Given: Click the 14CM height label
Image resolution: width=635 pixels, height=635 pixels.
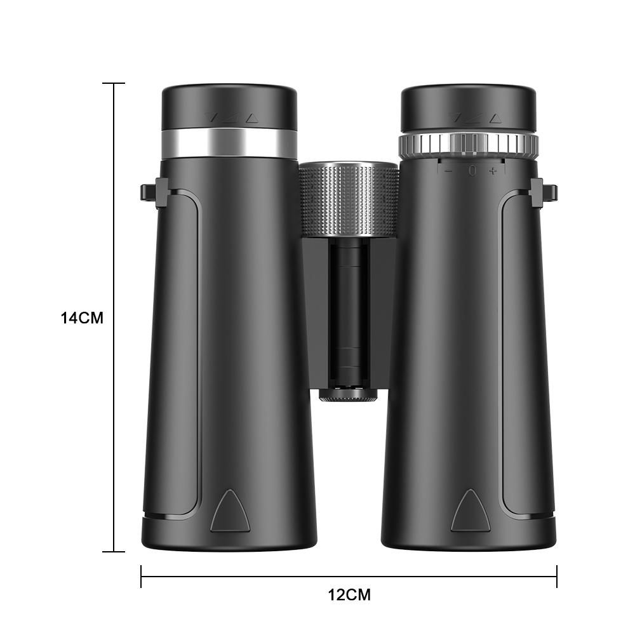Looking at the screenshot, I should (82, 317).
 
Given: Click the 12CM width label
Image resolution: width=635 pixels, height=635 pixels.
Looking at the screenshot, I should (349, 595).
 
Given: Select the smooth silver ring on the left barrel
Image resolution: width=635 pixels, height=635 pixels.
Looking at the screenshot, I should (229, 144).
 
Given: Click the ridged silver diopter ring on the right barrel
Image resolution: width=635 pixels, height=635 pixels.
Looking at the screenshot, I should (468, 145).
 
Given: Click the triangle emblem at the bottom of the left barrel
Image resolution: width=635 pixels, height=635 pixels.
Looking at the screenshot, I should (229, 511).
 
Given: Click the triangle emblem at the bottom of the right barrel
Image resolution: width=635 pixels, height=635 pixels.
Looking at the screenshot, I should (469, 511).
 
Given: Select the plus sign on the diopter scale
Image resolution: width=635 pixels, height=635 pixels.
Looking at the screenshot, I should (493, 170).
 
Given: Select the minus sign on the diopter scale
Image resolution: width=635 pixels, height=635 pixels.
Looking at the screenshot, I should (448, 170).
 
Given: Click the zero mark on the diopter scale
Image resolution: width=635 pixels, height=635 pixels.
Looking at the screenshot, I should (471, 170).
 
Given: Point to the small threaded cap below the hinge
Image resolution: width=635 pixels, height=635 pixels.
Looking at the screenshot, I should (348, 396).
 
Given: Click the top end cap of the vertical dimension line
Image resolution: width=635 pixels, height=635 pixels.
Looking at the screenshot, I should (114, 83).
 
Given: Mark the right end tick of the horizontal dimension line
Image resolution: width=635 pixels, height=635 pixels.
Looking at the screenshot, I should (556, 577).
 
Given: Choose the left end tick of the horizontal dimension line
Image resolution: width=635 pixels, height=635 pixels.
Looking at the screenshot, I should (141, 577).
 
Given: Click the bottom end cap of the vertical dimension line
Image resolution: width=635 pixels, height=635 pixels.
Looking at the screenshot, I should (114, 551).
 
